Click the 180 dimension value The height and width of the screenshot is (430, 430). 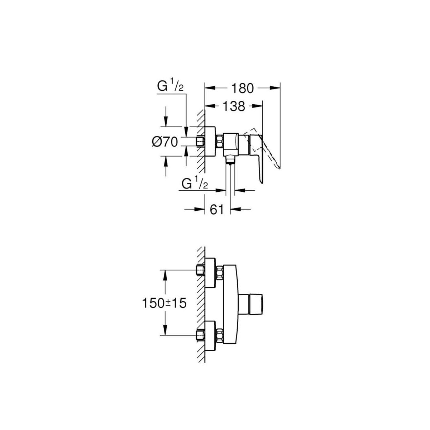[x=243, y=88]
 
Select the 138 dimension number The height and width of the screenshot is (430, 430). [x=234, y=106]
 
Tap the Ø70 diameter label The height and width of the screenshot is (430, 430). [x=165, y=142]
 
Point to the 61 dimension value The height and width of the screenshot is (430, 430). [x=217, y=210]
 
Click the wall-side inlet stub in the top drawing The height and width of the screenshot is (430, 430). [x=200, y=142]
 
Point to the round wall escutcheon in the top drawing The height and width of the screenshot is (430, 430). [x=210, y=142]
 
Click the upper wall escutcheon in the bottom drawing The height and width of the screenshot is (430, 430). [x=210, y=273]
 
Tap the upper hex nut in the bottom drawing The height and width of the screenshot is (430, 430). [x=220, y=273]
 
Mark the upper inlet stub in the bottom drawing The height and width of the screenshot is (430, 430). [x=200, y=271]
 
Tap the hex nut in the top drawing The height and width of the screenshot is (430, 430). [x=220, y=142]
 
